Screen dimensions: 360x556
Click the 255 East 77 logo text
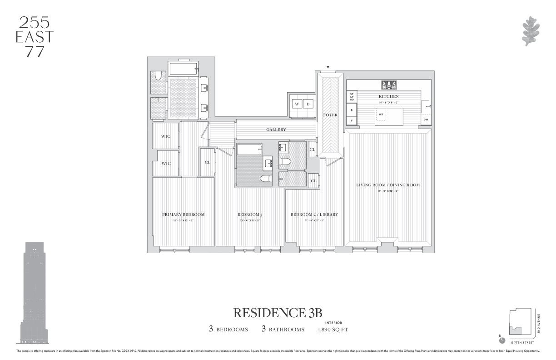35,37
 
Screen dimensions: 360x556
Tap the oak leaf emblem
531,31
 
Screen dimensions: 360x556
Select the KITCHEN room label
388,96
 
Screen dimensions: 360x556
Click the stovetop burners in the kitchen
388,85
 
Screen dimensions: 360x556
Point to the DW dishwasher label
426,120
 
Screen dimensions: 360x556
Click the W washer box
297,104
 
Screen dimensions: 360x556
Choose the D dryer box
308,104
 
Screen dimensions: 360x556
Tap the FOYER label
330,115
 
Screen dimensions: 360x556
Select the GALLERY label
276,130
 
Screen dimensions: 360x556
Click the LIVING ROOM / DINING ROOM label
387,185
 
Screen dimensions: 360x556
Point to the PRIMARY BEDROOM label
183,215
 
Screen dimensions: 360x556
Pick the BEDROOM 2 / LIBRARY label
314,215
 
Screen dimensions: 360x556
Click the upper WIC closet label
165,136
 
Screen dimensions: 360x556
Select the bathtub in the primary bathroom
183,69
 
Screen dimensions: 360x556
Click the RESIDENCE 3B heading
278,313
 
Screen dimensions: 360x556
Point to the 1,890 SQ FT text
333,330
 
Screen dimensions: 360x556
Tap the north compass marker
502,340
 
